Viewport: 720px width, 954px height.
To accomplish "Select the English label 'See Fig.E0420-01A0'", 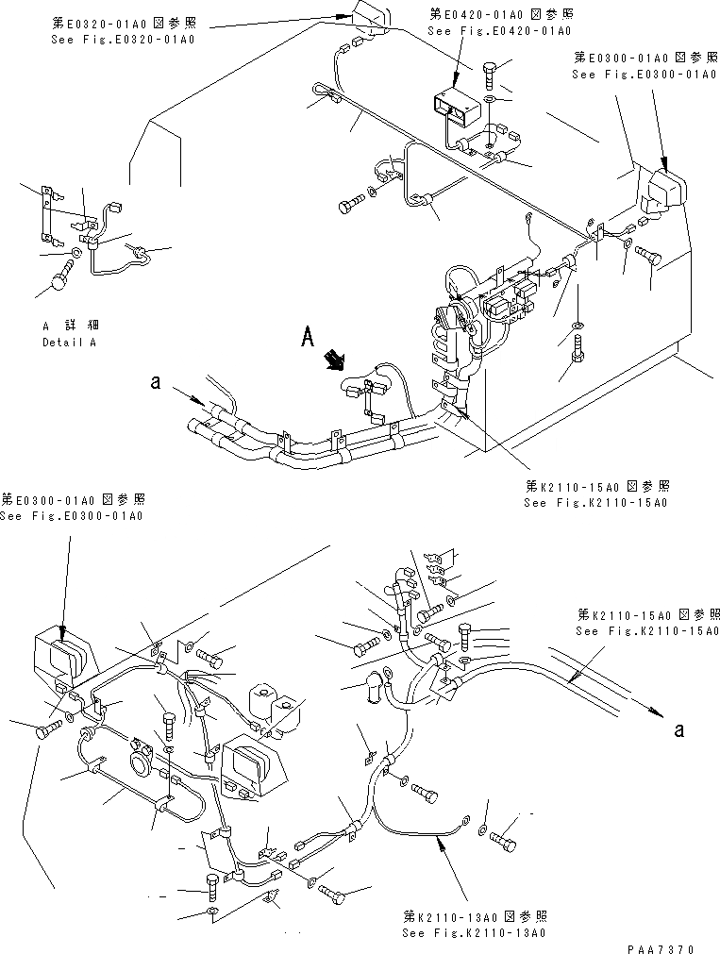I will [x=499, y=31].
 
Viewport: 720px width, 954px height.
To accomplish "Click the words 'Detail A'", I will [x=69, y=342].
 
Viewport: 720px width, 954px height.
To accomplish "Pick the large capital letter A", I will [x=306, y=335].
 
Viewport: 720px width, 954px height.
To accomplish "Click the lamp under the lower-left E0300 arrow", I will [x=62, y=656].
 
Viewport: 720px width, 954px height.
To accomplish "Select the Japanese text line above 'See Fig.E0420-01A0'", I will [x=499, y=15].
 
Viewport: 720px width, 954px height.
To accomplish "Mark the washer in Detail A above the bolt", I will [x=76, y=253].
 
